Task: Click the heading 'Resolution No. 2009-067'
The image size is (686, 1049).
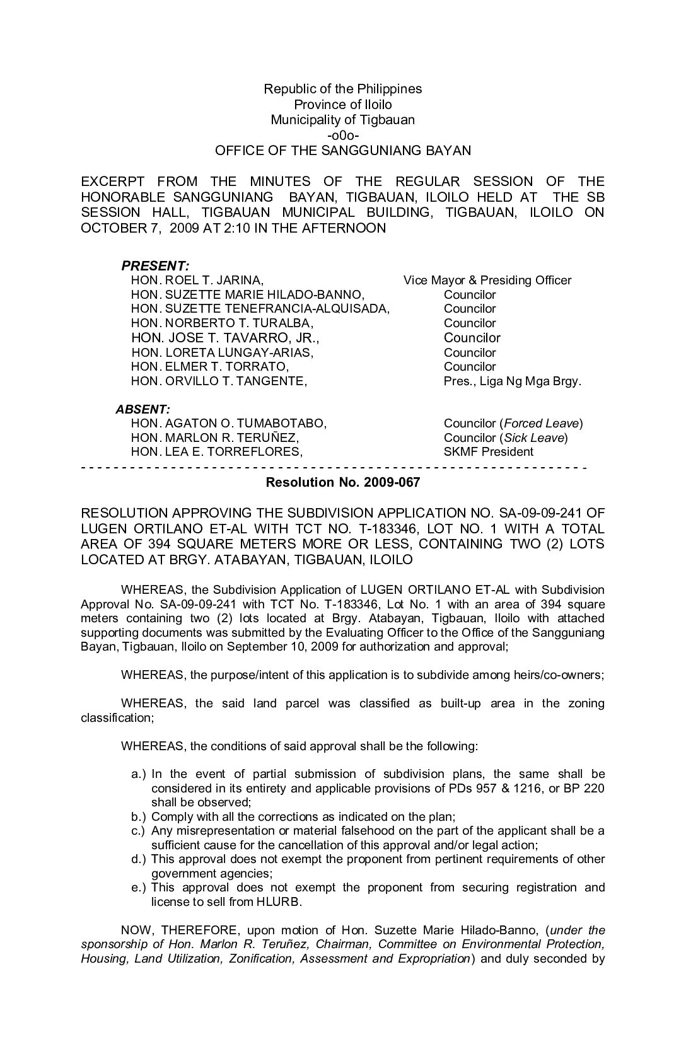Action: [342, 483]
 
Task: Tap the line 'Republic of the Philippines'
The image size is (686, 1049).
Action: [342, 89]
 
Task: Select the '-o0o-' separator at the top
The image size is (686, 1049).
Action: [342, 135]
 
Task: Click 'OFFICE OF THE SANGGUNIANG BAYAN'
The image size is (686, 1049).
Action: [342, 151]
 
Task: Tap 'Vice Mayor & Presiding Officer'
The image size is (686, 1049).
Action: [487, 281]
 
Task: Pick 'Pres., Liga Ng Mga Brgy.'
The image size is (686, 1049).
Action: [512, 381]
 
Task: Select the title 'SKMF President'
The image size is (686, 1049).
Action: [488, 451]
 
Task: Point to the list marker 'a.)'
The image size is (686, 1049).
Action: [139, 774]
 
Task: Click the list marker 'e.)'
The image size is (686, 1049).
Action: [139, 888]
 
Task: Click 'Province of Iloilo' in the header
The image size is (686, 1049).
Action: [342, 105]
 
